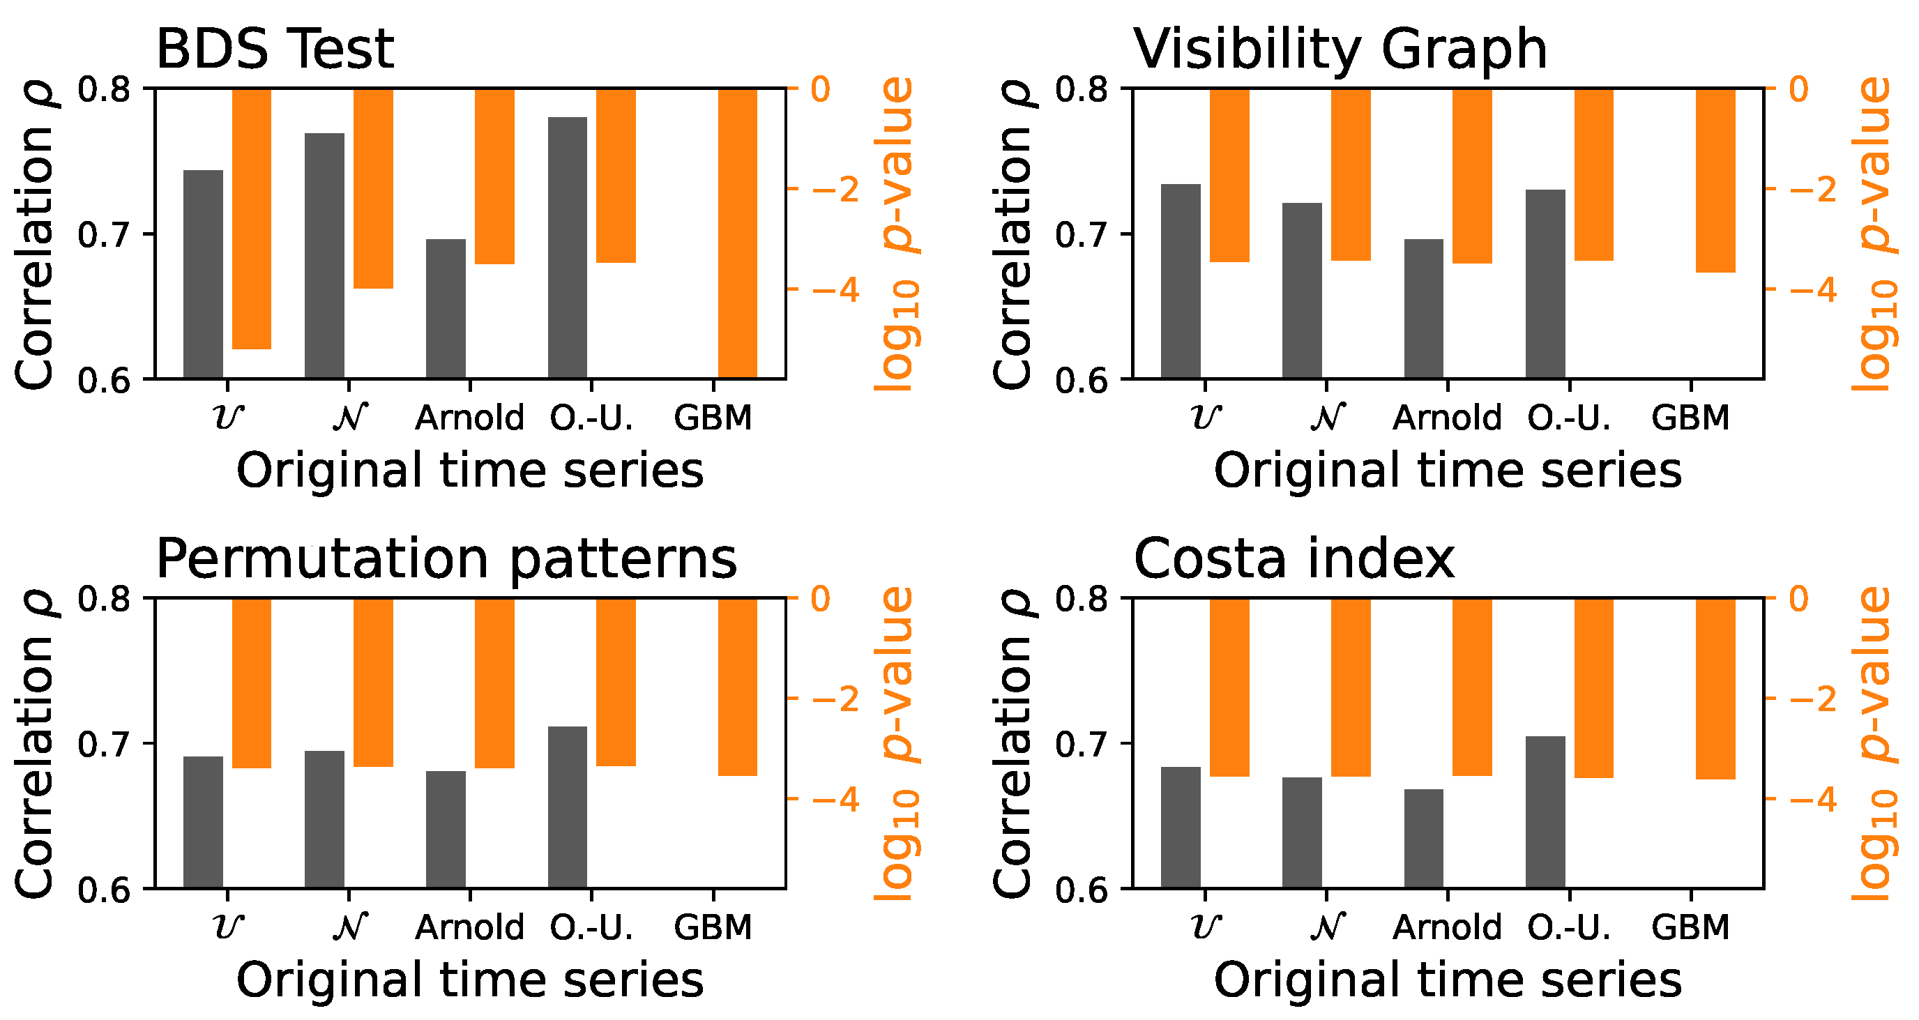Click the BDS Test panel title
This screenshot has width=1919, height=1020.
click(x=274, y=50)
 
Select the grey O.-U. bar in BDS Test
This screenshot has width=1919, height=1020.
click(x=568, y=248)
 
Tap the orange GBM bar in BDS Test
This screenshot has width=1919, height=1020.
click(x=738, y=232)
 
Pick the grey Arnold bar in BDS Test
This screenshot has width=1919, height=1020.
click(x=446, y=308)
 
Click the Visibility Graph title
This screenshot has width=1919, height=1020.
click(x=1340, y=50)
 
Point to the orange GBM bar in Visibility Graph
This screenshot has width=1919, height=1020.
click(x=1715, y=181)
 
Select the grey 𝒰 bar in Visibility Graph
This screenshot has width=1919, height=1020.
click(x=1181, y=281)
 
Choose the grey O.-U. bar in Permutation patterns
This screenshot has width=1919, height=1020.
click(x=568, y=807)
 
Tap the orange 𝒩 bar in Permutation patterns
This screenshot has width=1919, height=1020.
click(x=373, y=682)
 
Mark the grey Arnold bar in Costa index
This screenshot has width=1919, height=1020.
click(x=1424, y=838)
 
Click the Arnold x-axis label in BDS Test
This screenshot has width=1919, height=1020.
click(x=469, y=418)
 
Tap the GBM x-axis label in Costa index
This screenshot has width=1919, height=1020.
click(x=1690, y=927)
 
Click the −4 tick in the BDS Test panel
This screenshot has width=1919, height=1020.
click(x=835, y=290)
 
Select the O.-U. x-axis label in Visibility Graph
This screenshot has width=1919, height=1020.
click(x=1569, y=418)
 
